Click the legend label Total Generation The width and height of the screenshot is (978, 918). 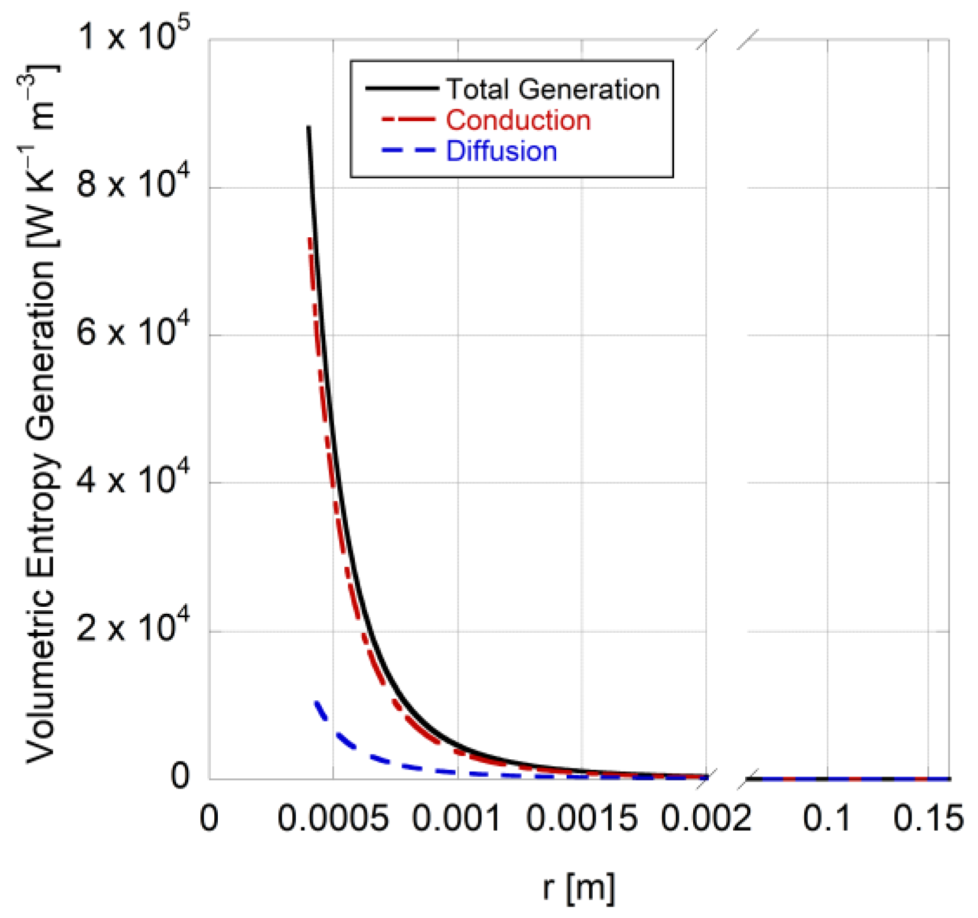(553, 89)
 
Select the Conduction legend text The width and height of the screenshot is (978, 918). (518, 121)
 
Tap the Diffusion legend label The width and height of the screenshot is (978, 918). (501, 152)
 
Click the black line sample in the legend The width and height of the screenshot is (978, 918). (401, 88)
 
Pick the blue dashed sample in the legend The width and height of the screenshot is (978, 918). (408, 151)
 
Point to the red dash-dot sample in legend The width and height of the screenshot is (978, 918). (408, 120)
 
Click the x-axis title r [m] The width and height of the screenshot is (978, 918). (578, 887)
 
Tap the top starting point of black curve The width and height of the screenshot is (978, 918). (308, 127)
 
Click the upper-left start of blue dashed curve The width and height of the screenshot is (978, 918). (316, 702)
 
